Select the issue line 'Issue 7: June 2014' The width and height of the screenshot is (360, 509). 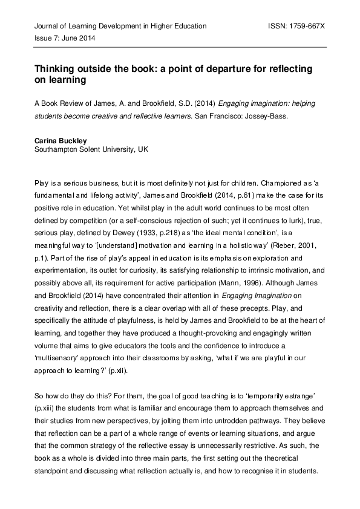64,38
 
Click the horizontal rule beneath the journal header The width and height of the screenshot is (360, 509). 180,47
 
